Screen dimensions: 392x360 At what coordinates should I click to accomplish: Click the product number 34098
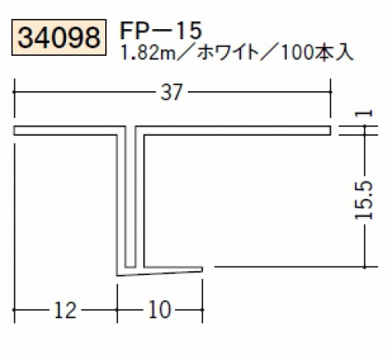click(59, 38)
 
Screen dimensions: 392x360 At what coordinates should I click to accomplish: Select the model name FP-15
click(160, 31)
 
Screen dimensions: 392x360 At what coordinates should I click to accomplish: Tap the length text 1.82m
click(147, 53)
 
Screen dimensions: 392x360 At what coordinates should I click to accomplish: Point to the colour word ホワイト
click(227, 53)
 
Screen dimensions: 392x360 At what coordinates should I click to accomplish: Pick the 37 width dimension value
click(171, 92)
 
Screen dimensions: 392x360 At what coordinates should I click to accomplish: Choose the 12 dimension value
click(65, 310)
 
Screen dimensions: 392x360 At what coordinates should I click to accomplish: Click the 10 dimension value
click(160, 310)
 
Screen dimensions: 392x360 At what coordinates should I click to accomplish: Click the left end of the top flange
click(14, 130)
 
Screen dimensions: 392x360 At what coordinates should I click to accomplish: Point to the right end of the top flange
click(331, 130)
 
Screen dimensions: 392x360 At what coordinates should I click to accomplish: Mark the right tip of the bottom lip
click(202, 270)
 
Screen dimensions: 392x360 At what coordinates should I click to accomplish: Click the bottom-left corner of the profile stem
click(117, 276)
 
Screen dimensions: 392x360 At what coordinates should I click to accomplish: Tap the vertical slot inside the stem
click(130, 197)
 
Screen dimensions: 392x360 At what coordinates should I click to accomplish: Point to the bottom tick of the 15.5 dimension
click(365, 266)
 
